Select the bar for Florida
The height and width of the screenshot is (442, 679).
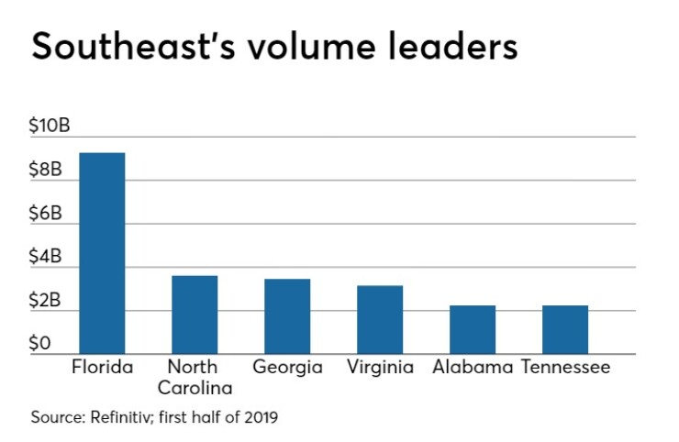click(x=102, y=253)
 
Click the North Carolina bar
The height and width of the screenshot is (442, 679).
click(x=195, y=315)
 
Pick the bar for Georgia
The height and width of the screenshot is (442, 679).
click(x=287, y=316)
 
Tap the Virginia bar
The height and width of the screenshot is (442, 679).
click(x=380, y=320)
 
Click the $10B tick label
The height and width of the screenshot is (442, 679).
click(x=50, y=127)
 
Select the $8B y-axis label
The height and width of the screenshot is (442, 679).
click(x=47, y=171)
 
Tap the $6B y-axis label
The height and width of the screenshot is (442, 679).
click(x=47, y=214)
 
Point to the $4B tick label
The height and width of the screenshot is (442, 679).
click(x=47, y=258)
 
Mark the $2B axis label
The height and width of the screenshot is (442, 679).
click(x=47, y=301)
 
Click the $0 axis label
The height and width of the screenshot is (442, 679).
click(x=40, y=344)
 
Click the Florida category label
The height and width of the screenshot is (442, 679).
click(x=102, y=368)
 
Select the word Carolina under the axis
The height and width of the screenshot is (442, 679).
click(x=195, y=387)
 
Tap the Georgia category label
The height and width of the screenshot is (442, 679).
click(x=287, y=368)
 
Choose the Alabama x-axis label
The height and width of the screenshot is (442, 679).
click(x=473, y=368)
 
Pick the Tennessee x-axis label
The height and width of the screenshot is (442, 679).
click(x=565, y=368)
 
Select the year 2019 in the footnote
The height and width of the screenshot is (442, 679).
click(x=259, y=417)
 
